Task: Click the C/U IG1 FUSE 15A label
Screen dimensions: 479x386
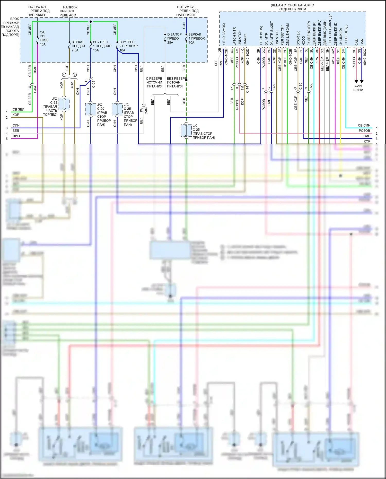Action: tap(44, 38)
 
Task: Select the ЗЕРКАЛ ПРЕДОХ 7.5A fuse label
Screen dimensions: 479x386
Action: tap(78, 46)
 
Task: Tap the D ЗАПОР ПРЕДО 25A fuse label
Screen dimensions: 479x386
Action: tap(174, 38)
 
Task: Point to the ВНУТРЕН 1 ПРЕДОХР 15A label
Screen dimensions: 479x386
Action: tap(102, 46)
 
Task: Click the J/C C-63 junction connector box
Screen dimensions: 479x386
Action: tap(64, 104)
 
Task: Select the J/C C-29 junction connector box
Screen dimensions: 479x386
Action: tap(91, 109)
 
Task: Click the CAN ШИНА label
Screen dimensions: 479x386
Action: tap(358, 88)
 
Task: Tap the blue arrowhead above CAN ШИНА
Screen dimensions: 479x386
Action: tap(362, 81)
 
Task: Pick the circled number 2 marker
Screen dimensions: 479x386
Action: tap(75, 75)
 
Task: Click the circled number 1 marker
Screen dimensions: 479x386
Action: tap(64, 75)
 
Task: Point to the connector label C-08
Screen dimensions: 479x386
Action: tap(93, 84)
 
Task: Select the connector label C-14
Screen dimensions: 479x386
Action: tap(247, 89)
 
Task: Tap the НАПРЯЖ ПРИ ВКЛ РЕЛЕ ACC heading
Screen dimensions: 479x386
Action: tap(68, 11)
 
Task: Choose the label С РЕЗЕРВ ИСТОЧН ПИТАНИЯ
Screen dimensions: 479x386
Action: tap(154, 82)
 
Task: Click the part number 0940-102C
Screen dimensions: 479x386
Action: tap(365, 57)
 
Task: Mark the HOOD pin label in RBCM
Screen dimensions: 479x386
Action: tap(304, 41)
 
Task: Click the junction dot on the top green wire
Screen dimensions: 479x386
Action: tap(91, 22)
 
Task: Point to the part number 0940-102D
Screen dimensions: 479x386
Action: tap(248, 57)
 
